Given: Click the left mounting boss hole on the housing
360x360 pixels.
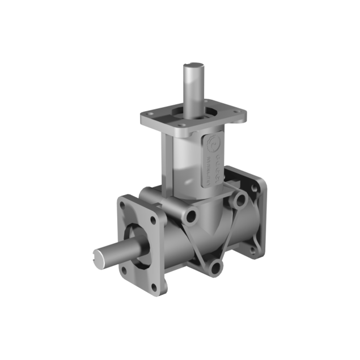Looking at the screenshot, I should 189,215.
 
